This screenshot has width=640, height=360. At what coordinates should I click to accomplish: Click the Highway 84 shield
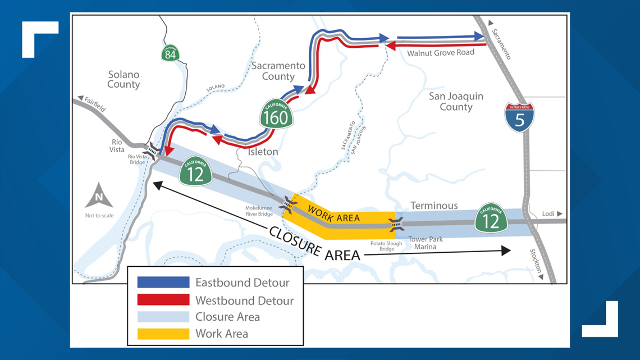point(171,53)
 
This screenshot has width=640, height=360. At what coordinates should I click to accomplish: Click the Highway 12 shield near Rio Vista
point(195,172)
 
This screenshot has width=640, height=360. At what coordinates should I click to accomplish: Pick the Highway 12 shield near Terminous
point(491,218)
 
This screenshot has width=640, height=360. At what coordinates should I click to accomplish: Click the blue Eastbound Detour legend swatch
point(163,282)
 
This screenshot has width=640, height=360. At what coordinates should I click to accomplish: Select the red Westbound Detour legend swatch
point(163,299)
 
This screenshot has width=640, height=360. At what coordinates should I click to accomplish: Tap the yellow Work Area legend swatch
point(163,334)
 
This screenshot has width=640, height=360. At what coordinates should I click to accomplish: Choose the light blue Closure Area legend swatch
point(163,317)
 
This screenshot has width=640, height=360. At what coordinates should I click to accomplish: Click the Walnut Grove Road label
point(441,52)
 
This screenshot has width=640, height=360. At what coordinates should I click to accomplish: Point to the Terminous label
point(434,206)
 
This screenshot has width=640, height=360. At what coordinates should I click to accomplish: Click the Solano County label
point(124,79)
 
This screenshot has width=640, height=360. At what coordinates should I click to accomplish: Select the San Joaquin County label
point(456,102)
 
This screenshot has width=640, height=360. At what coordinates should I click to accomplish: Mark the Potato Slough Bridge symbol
point(397,225)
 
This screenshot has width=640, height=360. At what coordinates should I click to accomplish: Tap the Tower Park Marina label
point(425,243)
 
